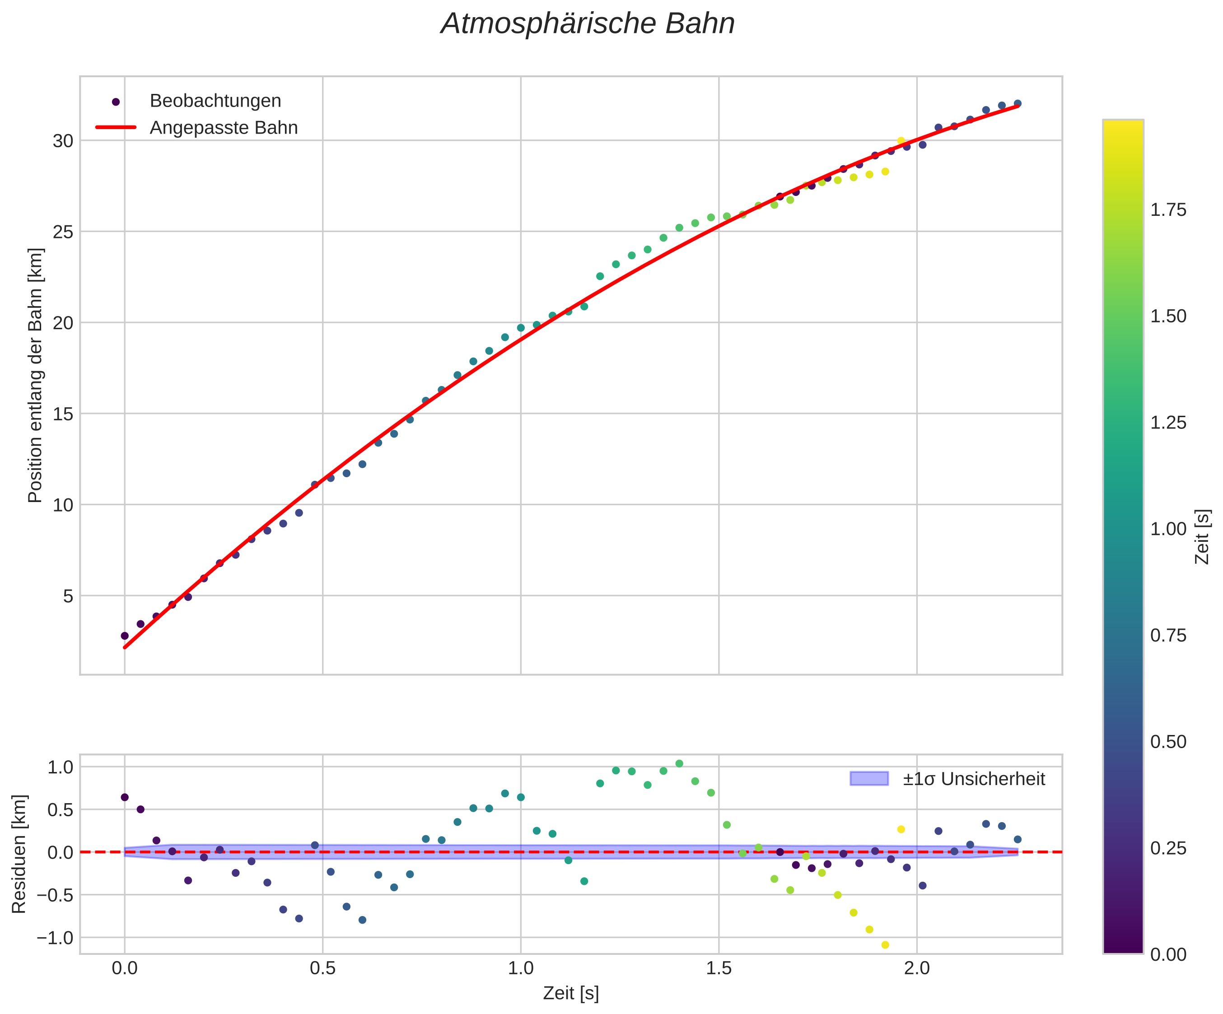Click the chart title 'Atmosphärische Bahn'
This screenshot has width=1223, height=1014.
pyautogui.click(x=588, y=24)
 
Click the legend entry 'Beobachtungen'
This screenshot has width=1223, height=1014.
pyautogui.click(x=215, y=101)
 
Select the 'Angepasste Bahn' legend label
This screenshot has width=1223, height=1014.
pyautogui.click(x=224, y=128)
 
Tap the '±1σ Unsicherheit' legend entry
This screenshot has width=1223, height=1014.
pyautogui.click(x=974, y=779)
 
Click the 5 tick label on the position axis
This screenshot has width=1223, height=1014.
pyautogui.click(x=68, y=596)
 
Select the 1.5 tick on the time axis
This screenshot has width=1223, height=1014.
pyautogui.click(x=719, y=969)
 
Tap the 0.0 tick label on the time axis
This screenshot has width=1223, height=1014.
pyautogui.click(x=124, y=969)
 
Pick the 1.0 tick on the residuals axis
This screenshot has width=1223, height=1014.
pyautogui.click(x=60, y=767)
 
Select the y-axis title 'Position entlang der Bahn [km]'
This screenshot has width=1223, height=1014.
pyautogui.click(x=36, y=376)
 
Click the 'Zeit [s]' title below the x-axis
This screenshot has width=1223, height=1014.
pyautogui.click(x=571, y=994)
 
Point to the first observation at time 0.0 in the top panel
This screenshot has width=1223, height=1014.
pyautogui.click(x=125, y=636)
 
